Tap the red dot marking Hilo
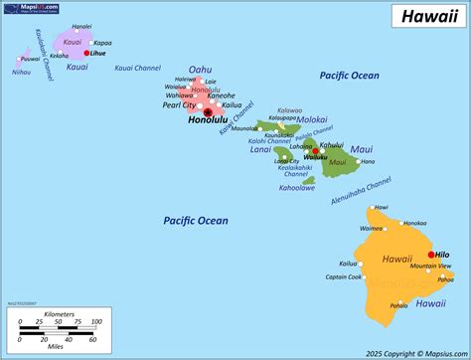430,255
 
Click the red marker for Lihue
86,53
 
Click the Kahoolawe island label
296,187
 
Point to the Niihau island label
21,72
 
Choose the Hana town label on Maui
368,161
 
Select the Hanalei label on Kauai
81,26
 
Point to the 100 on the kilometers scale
96,322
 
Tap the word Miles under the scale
54,349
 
